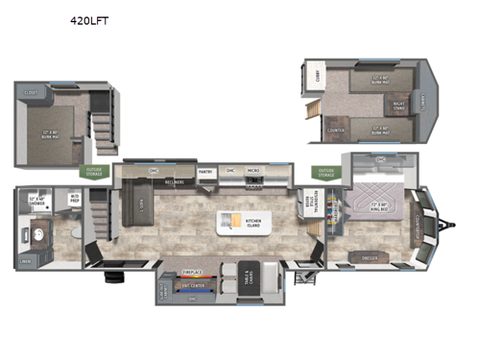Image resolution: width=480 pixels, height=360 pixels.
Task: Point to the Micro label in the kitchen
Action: click(x=252, y=172)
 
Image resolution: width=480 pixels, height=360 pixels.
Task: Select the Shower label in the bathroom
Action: click(x=38, y=203)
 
